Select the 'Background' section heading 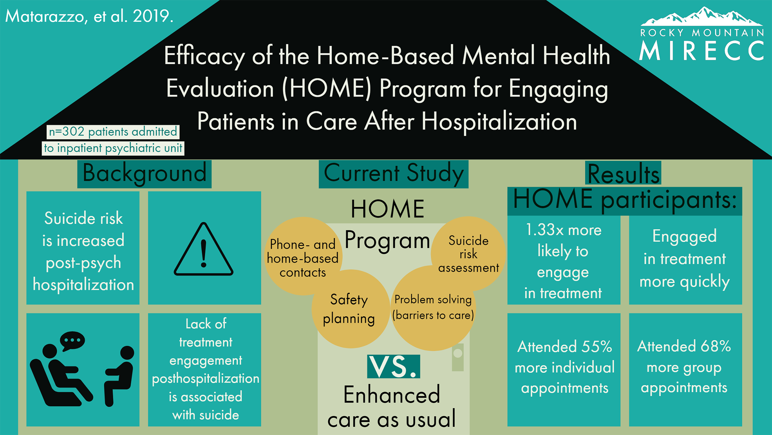pos(144,174)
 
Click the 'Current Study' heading pos(393,174)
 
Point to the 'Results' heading pos(623,174)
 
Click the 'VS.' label pos(393,366)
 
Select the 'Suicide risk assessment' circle pos(468,254)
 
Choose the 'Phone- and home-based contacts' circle pos(303,256)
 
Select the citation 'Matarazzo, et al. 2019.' pos(89,16)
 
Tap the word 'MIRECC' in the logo pos(702,50)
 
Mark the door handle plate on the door pos(458,357)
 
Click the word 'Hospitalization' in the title pos(499,121)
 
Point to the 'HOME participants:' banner pos(625,201)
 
